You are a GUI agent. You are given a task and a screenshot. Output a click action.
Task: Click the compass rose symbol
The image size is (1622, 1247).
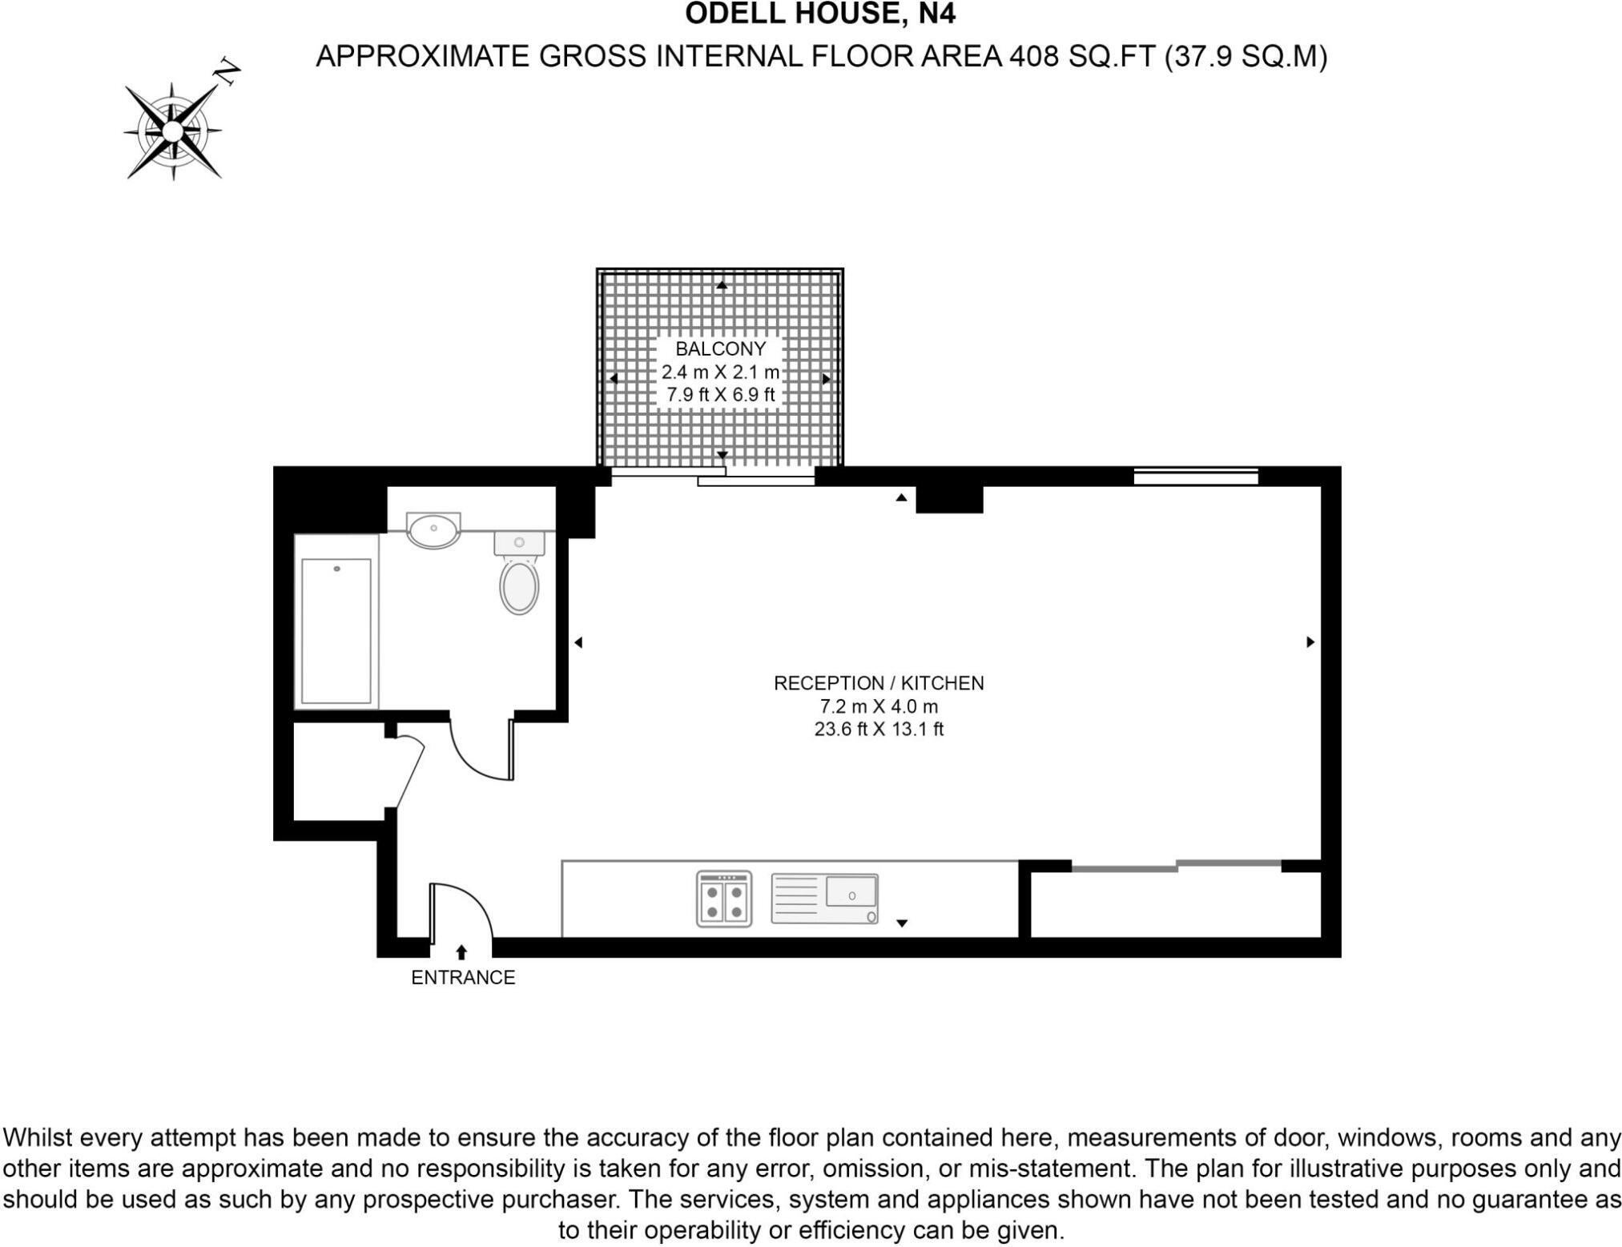coord(173,131)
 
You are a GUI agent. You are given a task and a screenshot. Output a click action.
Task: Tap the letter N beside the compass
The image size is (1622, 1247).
coord(227,72)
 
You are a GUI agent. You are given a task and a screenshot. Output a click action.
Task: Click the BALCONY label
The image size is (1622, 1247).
coord(720,348)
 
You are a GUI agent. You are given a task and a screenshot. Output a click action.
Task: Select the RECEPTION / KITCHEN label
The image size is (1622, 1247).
coord(879,683)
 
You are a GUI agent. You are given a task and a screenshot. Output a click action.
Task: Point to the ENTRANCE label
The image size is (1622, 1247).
coord(463,977)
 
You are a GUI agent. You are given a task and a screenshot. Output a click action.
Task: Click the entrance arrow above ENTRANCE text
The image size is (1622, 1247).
coord(461,952)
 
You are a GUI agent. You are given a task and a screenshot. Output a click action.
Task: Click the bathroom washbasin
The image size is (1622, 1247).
coord(433,529)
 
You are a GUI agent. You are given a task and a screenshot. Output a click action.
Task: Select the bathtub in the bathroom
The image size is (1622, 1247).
coord(336,621)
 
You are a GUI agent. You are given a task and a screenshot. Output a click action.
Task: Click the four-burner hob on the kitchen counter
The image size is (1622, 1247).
coord(724,899)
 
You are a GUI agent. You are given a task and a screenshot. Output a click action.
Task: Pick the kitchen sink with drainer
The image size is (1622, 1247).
coord(825,899)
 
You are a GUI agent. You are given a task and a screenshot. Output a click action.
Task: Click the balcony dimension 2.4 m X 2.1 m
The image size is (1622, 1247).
coord(720,372)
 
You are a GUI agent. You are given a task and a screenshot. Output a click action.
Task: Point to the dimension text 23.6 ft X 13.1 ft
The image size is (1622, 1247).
coord(879,730)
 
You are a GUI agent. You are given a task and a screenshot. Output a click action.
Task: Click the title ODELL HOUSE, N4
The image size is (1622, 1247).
coord(820,14)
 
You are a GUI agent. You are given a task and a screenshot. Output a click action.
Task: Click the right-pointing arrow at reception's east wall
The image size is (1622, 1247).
coord(1310,642)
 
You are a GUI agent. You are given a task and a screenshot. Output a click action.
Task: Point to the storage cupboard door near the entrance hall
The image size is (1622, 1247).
coord(410,773)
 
